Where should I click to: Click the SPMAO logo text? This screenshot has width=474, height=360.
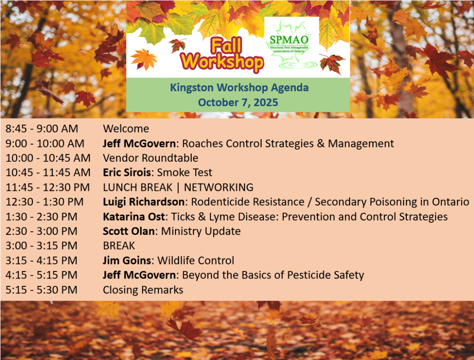point(289,40)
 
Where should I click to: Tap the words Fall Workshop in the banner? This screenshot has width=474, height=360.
point(222,55)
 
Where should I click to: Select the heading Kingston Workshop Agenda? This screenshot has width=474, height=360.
point(239,88)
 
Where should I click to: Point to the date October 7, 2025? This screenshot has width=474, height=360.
point(238,102)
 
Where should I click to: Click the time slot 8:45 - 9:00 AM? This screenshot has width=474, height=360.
point(42,129)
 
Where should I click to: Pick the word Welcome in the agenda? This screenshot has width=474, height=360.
point(126,129)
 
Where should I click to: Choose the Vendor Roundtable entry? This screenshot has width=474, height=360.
point(150,158)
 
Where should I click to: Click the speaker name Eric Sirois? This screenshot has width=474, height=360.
point(127,172)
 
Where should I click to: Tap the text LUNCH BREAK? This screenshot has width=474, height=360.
point(137,187)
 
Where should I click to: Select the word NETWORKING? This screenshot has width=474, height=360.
point(218,187)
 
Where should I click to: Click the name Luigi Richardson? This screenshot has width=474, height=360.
point(143,202)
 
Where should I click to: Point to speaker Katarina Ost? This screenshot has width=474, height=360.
point(134,217)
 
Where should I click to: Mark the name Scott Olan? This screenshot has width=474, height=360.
point(129,231)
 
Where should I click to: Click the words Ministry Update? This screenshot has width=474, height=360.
point(201,231)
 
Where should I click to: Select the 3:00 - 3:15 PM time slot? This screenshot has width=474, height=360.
point(41,246)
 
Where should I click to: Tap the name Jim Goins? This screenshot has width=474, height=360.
point(127,260)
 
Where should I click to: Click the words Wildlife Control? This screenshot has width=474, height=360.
point(196,260)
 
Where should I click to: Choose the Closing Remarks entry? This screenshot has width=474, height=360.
point(143,290)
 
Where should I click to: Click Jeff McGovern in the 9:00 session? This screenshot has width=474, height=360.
point(139,143)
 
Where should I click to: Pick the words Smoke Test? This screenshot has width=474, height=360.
point(185,172)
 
